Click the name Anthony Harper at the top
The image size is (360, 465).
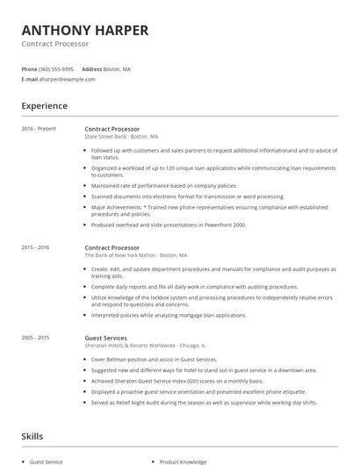[x=84, y=31]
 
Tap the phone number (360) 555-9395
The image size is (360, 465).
[x=56, y=68]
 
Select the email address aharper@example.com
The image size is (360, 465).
[x=68, y=79]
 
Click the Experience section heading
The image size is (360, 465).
[x=44, y=106]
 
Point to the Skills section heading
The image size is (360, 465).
[x=32, y=436]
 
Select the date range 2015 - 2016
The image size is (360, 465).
[x=35, y=247]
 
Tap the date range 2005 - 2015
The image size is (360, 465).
[x=35, y=338]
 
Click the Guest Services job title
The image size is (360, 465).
[x=105, y=338]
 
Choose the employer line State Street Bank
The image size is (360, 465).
[x=121, y=137]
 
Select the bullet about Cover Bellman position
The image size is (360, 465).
[x=154, y=359]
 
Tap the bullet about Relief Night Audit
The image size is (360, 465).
[x=204, y=403]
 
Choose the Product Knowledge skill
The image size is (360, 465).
[x=183, y=461]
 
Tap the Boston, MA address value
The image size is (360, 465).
[x=118, y=68]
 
